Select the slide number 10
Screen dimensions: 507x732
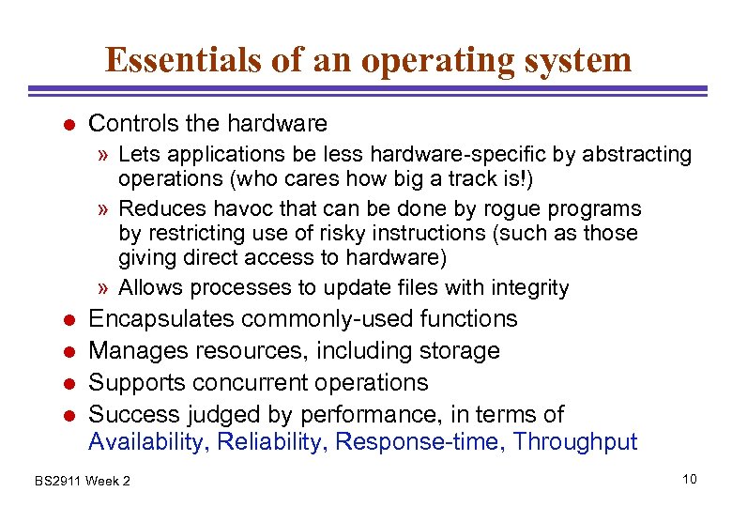tap(690, 480)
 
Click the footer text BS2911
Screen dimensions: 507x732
tap(57, 482)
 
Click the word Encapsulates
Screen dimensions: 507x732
tap(160, 319)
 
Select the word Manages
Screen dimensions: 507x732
tap(136, 351)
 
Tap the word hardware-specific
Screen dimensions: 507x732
tap(415, 154)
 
